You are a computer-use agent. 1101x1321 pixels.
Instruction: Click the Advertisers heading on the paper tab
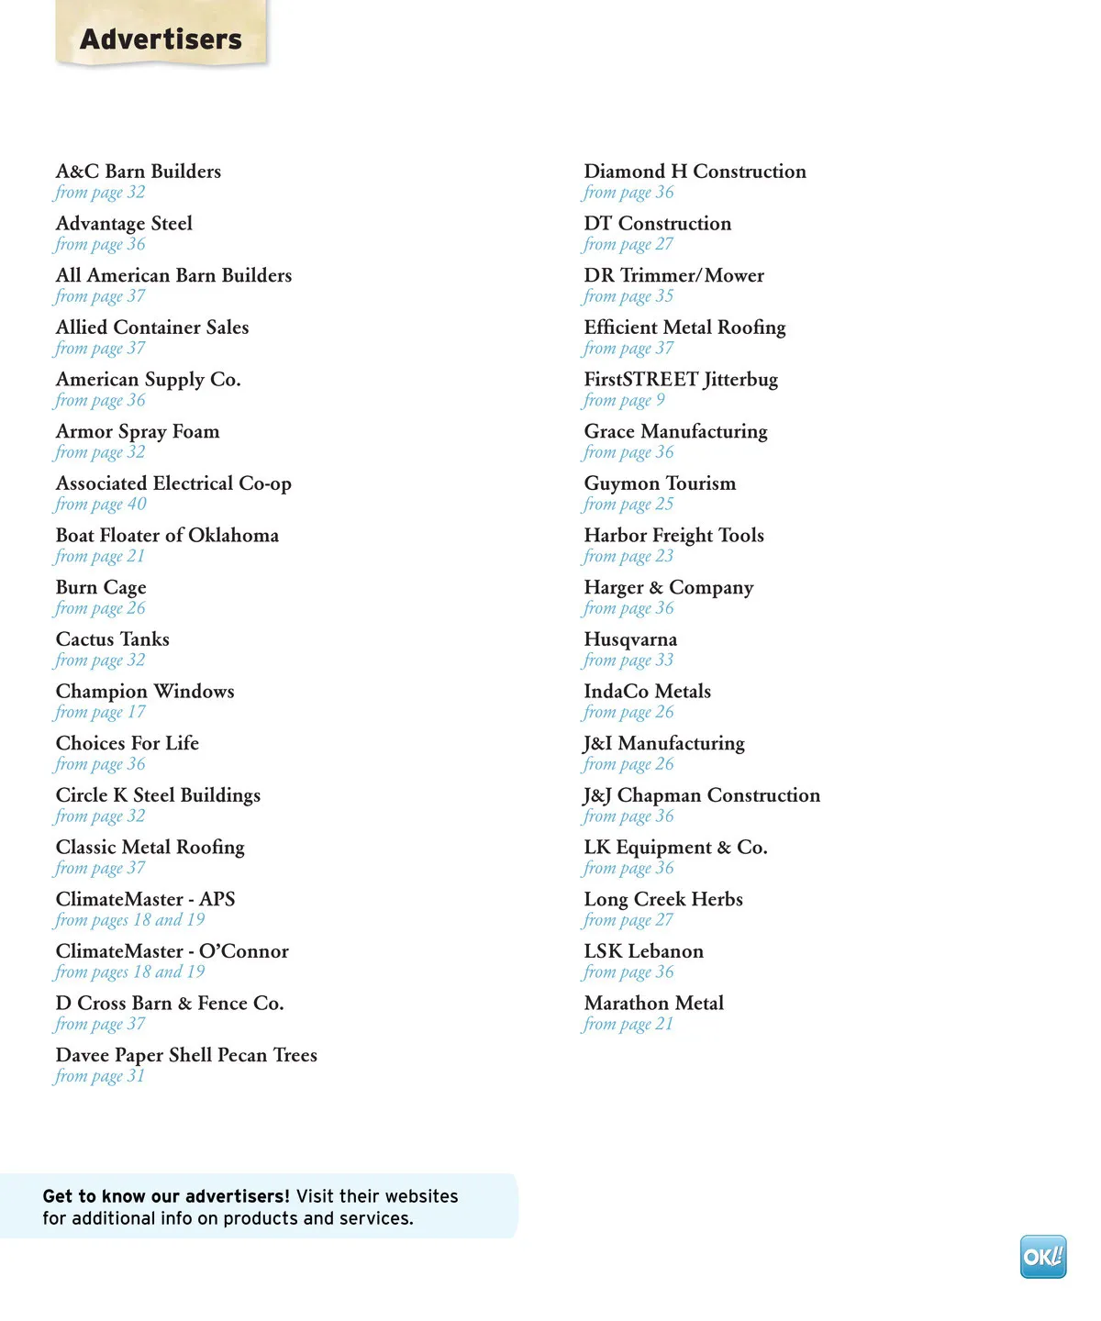click(161, 39)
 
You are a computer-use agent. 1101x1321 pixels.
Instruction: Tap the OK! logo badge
click(1043, 1257)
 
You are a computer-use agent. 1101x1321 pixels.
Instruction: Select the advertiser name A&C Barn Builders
click(139, 172)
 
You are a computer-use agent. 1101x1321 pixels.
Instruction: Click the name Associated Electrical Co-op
click(173, 483)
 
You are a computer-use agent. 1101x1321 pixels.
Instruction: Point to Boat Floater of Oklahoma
click(167, 536)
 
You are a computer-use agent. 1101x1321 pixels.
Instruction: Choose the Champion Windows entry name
click(145, 692)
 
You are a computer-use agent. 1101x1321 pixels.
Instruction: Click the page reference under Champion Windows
click(100, 713)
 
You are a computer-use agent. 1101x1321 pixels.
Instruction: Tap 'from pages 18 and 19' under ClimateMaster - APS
click(129, 920)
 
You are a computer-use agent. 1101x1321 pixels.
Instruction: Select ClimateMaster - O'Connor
click(172, 951)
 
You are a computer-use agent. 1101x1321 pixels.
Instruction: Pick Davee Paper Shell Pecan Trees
click(186, 1056)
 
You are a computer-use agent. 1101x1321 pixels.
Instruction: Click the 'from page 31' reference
click(100, 1076)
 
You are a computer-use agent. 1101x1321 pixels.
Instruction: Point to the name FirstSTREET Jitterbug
click(681, 380)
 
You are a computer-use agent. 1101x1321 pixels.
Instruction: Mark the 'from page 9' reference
click(624, 401)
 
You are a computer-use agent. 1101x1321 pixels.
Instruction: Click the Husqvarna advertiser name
click(630, 639)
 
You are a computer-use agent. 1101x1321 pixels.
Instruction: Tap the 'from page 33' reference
click(628, 660)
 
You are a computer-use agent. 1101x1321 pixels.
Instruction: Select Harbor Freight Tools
click(673, 536)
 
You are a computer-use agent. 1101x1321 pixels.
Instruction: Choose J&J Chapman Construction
click(702, 795)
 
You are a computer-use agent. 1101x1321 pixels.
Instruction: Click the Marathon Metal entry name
click(653, 1004)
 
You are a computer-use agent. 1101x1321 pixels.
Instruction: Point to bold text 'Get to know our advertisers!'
click(166, 1196)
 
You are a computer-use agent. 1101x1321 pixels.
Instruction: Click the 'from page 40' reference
click(100, 505)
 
